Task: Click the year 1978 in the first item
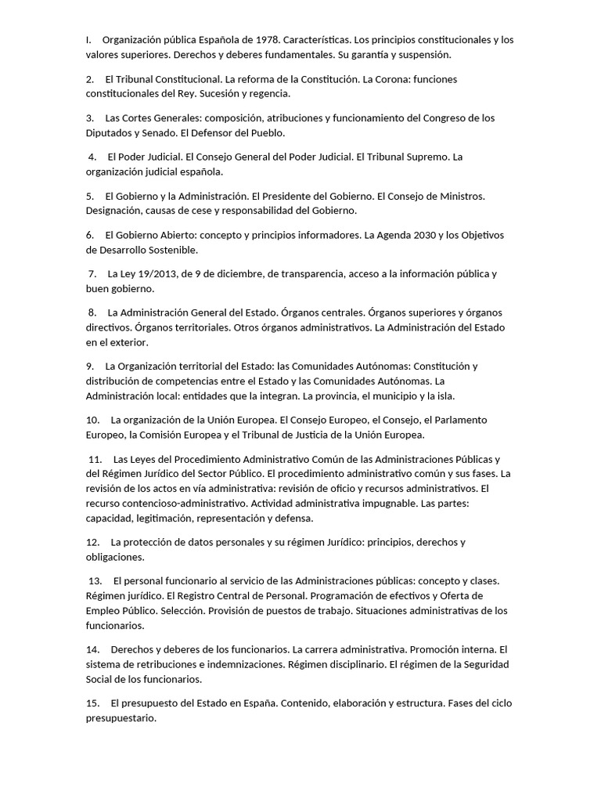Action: point(262,39)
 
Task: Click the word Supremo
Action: point(425,157)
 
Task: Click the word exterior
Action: point(127,342)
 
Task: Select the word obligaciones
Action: point(115,557)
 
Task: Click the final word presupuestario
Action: point(121,717)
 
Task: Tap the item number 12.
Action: point(92,542)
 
